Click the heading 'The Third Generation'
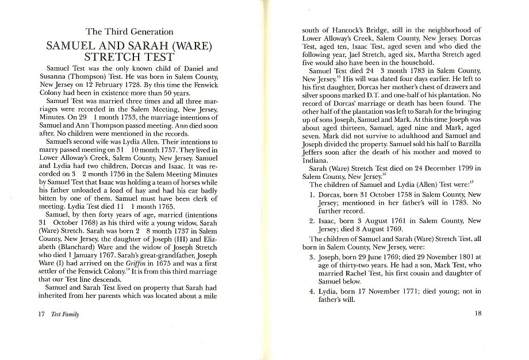(129, 32)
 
